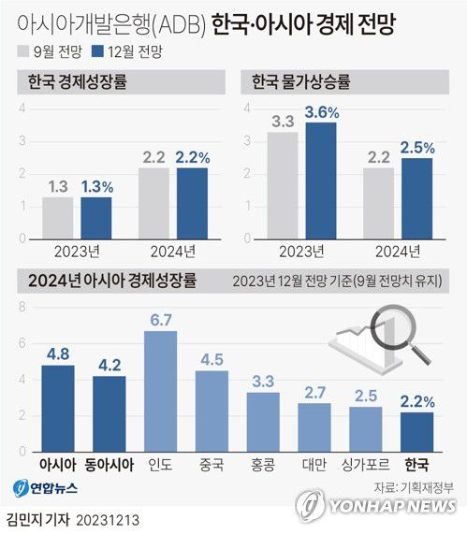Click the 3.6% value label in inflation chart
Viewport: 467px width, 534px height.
[x=320, y=113]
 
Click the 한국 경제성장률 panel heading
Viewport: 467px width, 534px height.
[x=69, y=83]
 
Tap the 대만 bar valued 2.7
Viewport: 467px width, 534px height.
[x=314, y=428]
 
